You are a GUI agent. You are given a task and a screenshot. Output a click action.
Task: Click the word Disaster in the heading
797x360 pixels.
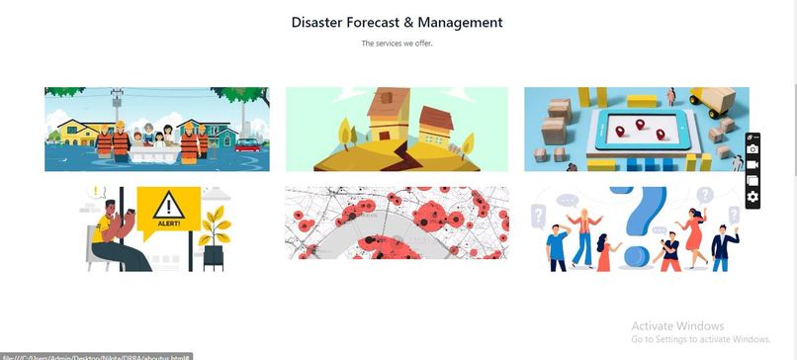point(315,22)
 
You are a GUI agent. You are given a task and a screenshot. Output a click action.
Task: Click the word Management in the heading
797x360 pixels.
point(461,22)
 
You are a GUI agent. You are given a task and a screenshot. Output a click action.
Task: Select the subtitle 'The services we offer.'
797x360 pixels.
point(397,44)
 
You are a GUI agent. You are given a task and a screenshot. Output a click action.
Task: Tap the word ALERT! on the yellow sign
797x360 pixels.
point(170,223)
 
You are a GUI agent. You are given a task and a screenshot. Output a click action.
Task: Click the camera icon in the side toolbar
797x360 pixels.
point(753,149)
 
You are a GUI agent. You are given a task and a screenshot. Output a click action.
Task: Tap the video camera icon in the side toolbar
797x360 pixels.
point(753,165)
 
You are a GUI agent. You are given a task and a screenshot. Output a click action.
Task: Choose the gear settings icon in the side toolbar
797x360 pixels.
point(753,197)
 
